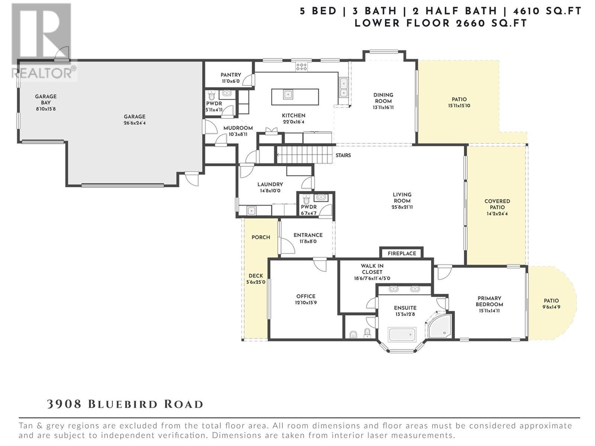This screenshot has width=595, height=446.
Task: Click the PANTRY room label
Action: pyautogui.click(x=231, y=75)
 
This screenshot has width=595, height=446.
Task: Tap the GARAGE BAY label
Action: pyautogui.click(x=46, y=100)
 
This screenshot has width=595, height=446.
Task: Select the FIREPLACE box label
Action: pyautogui.click(x=402, y=253)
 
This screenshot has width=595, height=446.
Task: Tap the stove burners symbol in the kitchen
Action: pyautogui.click(x=301, y=67)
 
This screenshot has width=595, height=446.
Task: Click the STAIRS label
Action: pyautogui.click(x=343, y=155)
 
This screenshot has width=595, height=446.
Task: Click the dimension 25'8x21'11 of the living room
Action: pyautogui.click(x=402, y=207)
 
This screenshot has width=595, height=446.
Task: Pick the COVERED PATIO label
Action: pyautogui.click(x=497, y=204)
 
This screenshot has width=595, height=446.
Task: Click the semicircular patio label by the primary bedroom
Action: pyautogui.click(x=551, y=301)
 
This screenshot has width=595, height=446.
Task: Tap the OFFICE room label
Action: pyautogui.click(x=306, y=296)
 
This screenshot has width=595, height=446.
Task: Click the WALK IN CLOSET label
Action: pyautogui.click(x=372, y=269)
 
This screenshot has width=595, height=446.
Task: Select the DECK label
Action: pyautogui.click(x=256, y=276)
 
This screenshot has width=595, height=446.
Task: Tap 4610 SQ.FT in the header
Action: pyautogui.click(x=549, y=11)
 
